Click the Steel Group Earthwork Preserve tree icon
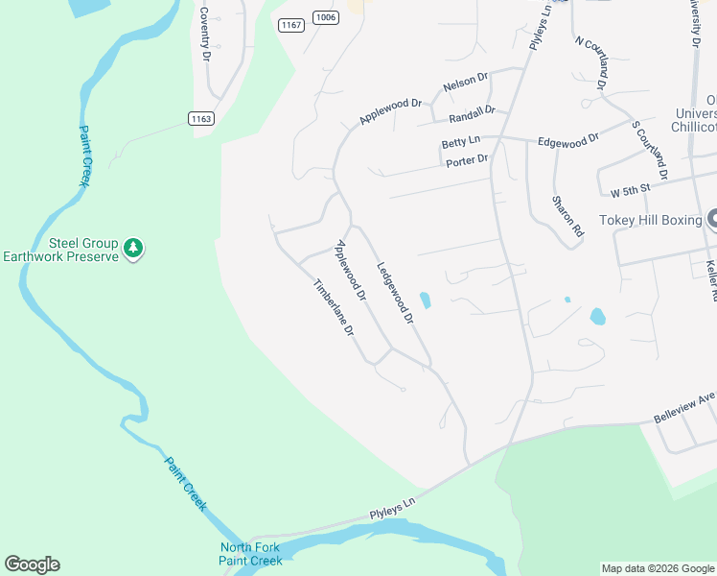pyautogui.click(x=134, y=248)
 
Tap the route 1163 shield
pyautogui.click(x=200, y=118)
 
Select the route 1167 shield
pyautogui.click(x=291, y=25)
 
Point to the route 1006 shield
pyautogui.click(x=326, y=17)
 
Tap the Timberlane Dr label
pyautogui.click(x=335, y=306)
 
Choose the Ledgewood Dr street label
pyautogui.click(x=394, y=292)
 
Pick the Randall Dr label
pyautogui.click(x=471, y=115)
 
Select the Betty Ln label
pyautogui.click(x=460, y=142)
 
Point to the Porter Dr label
pyautogui.click(x=467, y=160)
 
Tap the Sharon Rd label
pyautogui.click(x=567, y=216)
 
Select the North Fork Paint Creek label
pyautogui.click(x=251, y=554)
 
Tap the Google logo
pyautogui.click(x=32, y=564)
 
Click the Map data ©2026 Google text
pyautogui.click(x=658, y=568)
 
